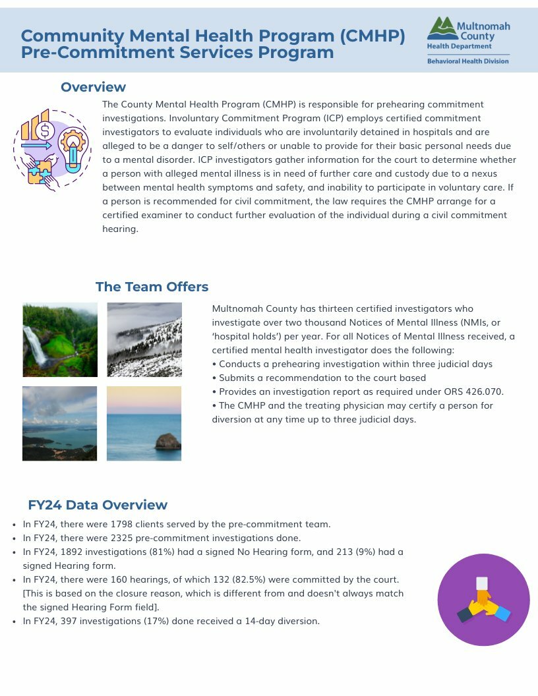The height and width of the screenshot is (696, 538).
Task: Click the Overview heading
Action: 93,87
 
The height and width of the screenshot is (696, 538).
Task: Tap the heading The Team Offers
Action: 152,287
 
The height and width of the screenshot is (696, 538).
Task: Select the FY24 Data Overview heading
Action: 98,505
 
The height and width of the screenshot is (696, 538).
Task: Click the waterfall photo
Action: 60,339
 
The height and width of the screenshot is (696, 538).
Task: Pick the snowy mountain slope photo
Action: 144,339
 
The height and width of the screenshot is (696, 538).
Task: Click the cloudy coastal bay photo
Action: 60,423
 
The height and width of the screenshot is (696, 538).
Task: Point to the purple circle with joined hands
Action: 483,599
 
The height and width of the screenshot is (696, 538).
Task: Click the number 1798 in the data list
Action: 123,525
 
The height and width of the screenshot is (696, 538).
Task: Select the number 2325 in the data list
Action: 123,538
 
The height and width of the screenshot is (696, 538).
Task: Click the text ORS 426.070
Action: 475,391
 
